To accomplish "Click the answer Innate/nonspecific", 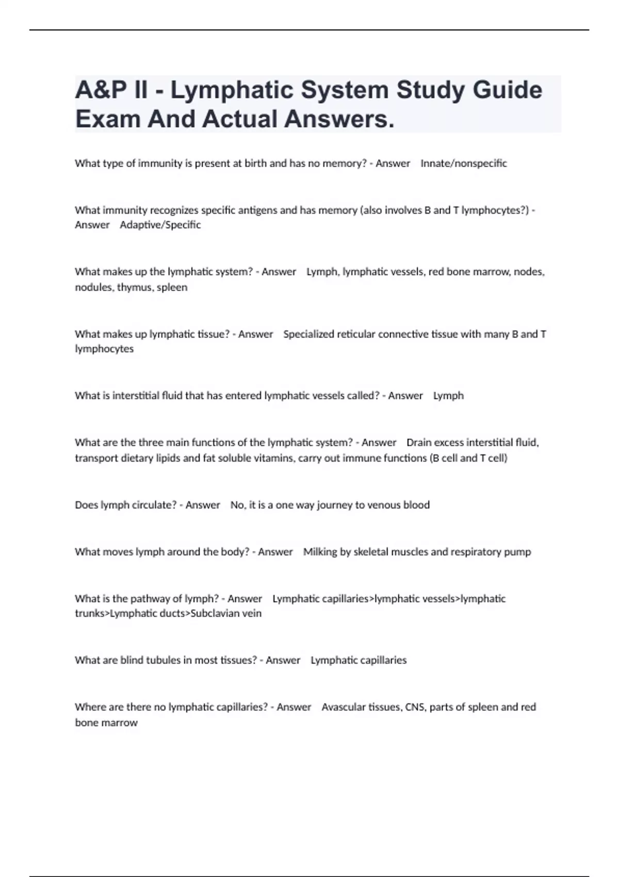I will coord(464,164).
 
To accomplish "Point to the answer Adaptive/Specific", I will coord(160,225).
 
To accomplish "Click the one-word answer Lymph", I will coord(448,396).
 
